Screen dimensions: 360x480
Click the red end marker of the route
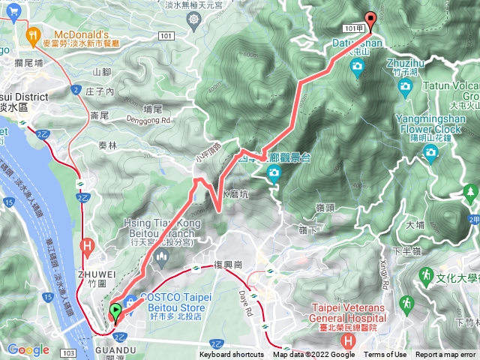coord(369,20)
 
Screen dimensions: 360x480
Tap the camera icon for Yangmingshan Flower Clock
coord(430,154)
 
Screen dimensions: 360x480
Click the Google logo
coord(28,349)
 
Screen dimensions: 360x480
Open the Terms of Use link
coord(385,355)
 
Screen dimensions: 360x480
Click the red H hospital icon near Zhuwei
coord(88,245)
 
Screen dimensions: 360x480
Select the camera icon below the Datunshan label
coord(357,70)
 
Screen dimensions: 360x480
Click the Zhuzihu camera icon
coord(406,87)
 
